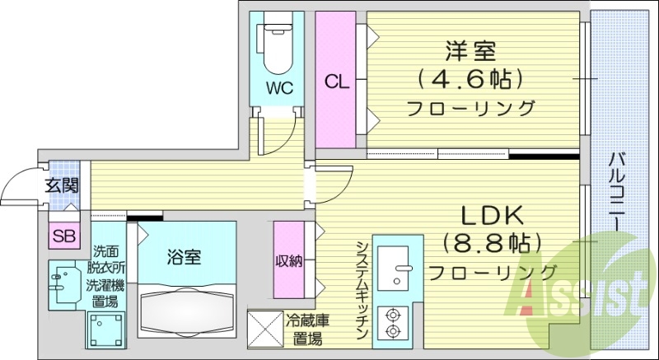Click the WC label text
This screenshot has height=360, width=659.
278,88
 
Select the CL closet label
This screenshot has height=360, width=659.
336,82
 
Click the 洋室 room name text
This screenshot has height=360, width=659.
470,50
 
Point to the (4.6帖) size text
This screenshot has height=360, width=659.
470,78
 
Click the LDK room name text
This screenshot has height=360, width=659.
493,216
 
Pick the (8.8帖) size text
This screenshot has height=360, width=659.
492,243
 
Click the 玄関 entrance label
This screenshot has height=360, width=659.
63,185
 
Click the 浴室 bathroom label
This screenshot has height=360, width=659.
184,257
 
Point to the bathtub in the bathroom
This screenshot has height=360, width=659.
187,311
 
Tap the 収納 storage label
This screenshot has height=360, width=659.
289,261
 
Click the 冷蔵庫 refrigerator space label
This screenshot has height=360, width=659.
307,321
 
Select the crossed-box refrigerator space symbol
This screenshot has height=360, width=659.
265,330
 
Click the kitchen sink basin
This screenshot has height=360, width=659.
393,268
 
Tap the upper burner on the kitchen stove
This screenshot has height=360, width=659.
393,314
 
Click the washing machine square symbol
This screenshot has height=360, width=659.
106,330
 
